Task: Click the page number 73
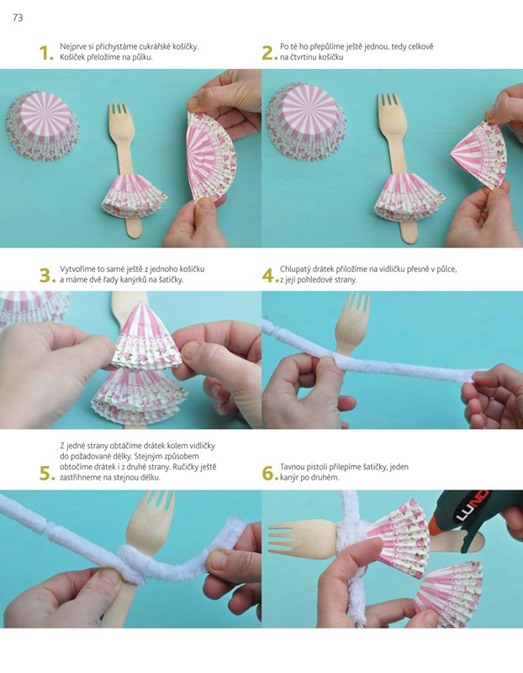pos(18,18)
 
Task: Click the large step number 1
pos(45,53)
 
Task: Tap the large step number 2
pos(269,53)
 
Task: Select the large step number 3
pos(47,276)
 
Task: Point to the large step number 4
pos(268,276)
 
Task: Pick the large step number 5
pos(47,473)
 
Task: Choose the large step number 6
pos(269,473)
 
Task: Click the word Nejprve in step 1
pos(73,47)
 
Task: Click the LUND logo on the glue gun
pos(473,506)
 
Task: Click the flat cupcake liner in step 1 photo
pos(43,125)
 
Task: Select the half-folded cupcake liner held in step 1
pos(211,156)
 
